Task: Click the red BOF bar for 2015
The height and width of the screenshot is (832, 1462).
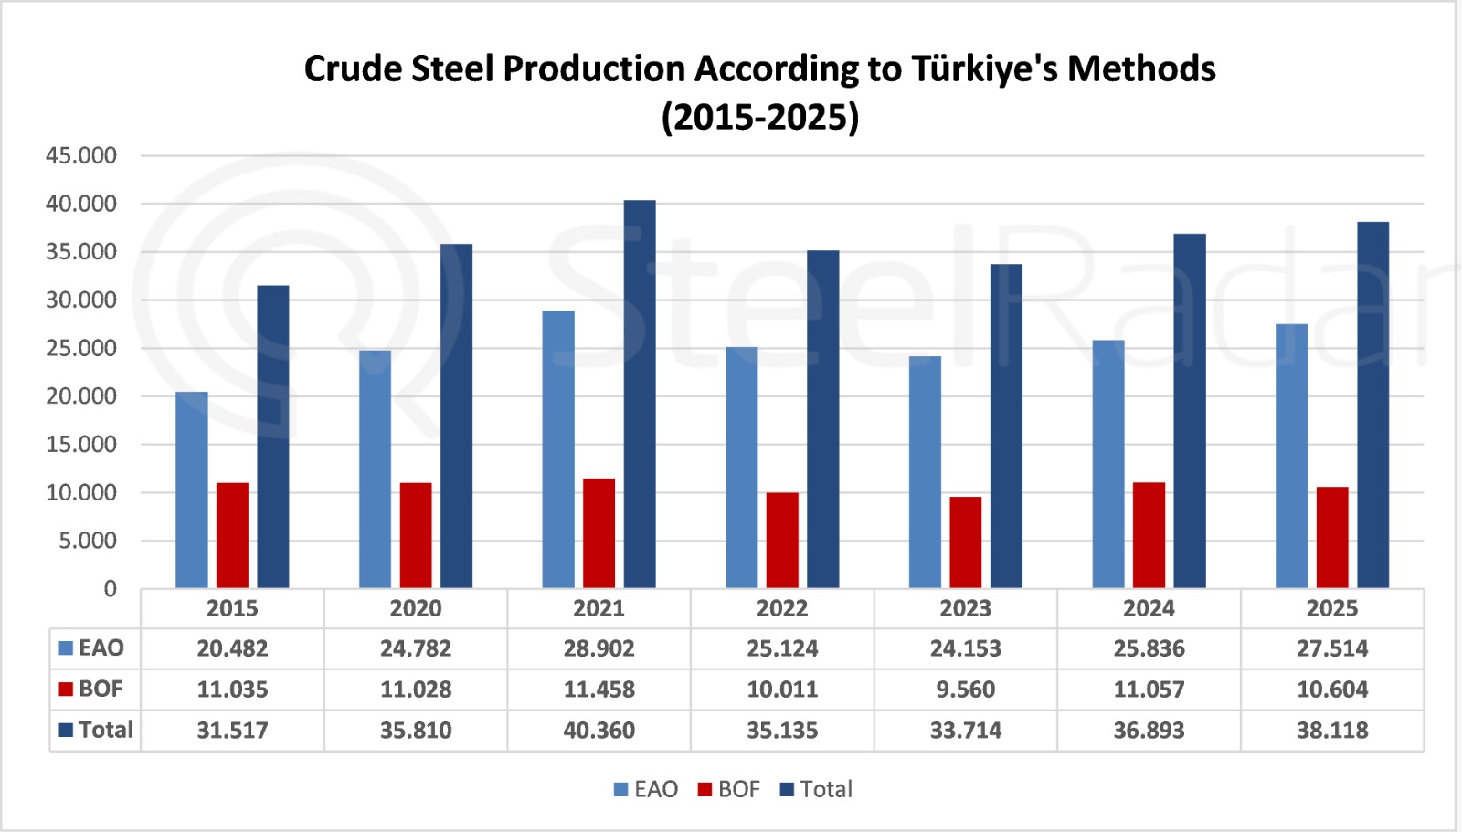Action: tap(232, 535)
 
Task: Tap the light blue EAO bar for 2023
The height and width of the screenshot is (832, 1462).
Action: tap(925, 472)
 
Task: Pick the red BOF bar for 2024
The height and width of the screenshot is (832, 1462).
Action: tap(1149, 535)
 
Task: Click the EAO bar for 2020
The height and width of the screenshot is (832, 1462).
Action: tap(375, 469)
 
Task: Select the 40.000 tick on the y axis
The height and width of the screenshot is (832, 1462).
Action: tap(81, 204)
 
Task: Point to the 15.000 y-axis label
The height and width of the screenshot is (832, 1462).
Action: tap(81, 445)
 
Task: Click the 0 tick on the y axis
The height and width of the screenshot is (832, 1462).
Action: tap(110, 589)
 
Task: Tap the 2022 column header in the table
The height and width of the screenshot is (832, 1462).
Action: tap(782, 608)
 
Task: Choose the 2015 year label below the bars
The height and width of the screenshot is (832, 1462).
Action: tap(232, 608)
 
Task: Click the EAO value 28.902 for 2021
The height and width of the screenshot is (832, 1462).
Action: tap(599, 648)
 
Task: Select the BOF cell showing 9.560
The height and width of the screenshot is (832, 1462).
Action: tap(965, 690)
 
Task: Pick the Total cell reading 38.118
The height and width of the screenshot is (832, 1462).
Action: tap(1332, 731)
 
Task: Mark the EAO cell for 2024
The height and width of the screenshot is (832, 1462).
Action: tap(1149, 648)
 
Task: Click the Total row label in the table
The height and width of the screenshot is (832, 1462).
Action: tap(105, 730)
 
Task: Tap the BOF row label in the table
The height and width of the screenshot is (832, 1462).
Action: tap(100, 689)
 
